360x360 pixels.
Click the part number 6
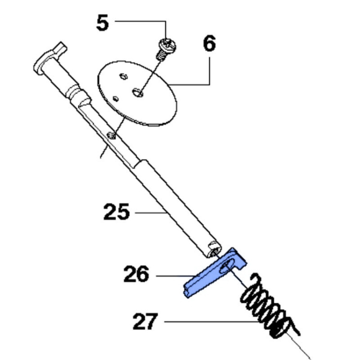210,44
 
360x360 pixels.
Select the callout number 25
117,212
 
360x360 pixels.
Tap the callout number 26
136,275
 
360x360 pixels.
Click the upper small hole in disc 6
123,76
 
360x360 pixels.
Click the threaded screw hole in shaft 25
111,135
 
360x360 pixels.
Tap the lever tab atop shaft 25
60,49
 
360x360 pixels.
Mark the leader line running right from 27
211,321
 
